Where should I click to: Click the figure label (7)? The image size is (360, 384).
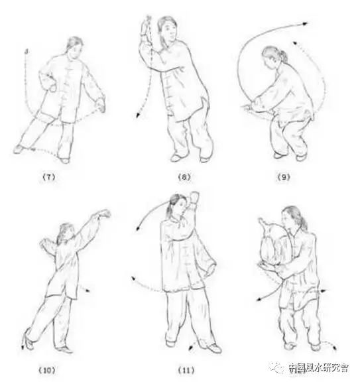(49, 177)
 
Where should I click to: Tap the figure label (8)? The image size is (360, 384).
(184, 177)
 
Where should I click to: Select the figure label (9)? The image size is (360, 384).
(284, 177)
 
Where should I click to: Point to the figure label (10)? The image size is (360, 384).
(47, 370)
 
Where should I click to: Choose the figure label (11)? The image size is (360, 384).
(186, 370)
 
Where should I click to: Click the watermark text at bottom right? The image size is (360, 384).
(318, 367)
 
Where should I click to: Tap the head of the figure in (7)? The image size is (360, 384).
(74, 48)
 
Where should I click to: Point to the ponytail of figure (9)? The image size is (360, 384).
(283, 55)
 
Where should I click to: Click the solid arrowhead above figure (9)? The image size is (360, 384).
(305, 24)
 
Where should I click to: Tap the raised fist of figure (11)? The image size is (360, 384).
(195, 198)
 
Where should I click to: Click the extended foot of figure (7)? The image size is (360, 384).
(19, 149)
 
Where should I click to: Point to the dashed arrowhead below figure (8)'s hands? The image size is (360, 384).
(138, 115)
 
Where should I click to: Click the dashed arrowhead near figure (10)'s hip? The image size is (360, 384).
(88, 290)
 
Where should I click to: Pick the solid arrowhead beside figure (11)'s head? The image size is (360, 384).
(139, 229)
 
